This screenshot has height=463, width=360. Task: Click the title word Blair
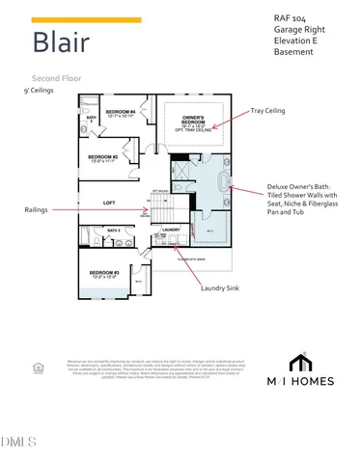coord(63,42)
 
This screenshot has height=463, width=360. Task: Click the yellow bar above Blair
coord(86,19)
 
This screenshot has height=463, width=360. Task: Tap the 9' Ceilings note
coord(39,89)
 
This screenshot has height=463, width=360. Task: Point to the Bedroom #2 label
coord(103,157)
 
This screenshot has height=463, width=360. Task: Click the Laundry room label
coord(173,229)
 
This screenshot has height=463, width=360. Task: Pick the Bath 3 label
coord(113,231)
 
